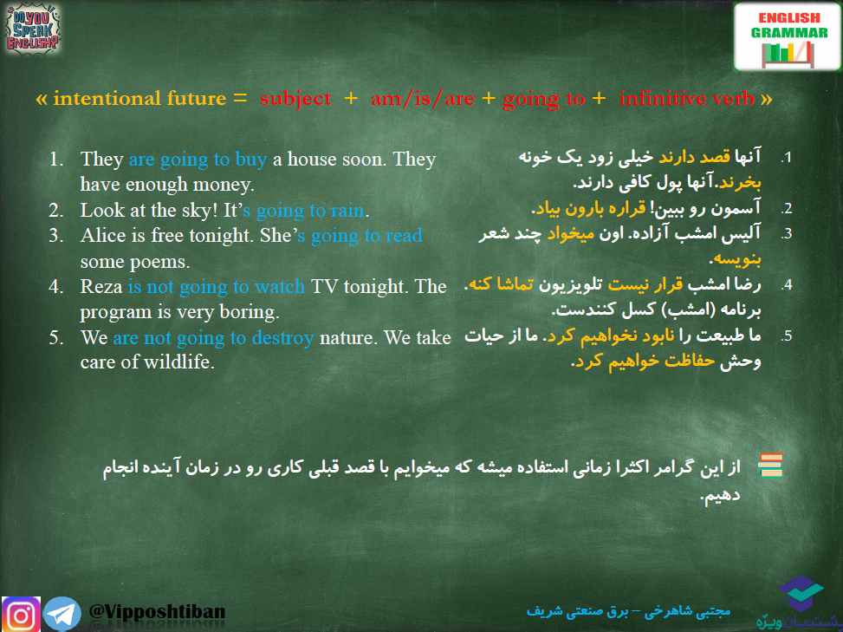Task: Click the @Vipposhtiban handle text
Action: pos(157,611)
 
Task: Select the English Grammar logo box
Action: pos(787,36)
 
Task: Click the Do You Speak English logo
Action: pos(32,28)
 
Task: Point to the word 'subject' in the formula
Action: pos(295,99)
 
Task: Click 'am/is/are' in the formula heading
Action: pos(423,99)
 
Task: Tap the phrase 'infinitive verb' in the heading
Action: pos(686,99)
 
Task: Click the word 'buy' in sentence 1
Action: pos(251,160)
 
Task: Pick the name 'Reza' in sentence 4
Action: pos(101,286)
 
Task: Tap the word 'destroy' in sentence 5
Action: pos(282,338)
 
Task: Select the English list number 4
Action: pos(56,286)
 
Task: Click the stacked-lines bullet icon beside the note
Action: pos(770,465)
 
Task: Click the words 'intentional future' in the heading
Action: pos(139,99)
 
